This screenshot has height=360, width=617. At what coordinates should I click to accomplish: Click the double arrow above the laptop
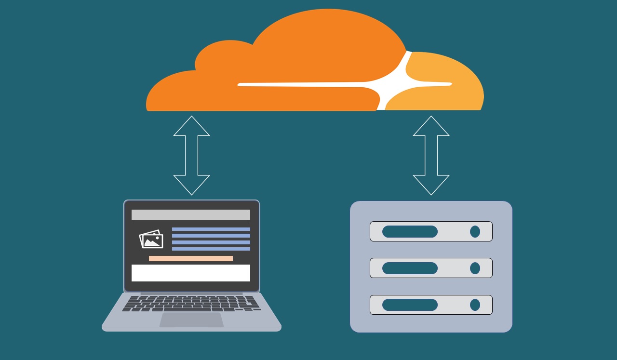[191, 155]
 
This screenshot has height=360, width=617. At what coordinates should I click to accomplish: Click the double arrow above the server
[431, 155]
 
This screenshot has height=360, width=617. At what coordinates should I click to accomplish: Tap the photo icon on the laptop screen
[151, 239]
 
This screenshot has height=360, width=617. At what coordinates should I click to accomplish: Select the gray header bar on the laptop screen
[191, 215]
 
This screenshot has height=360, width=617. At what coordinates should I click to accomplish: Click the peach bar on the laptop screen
[191, 259]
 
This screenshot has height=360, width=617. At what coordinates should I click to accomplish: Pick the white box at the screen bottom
[191, 273]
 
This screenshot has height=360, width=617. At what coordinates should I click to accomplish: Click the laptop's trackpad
[191, 320]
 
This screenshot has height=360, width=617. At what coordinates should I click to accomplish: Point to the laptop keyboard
[191, 304]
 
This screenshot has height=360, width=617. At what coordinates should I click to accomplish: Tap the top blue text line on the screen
[211, 229]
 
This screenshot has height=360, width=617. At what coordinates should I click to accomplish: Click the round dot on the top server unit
[475, 231]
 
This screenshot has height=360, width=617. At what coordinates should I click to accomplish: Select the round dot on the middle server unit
[475, 268]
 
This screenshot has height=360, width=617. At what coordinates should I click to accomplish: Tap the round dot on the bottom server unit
[475, 305]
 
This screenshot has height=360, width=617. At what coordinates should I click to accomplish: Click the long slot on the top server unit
[410, 231]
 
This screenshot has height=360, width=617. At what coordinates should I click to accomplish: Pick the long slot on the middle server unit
[410, 268]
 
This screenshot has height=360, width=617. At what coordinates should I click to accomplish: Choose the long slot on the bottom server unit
[410, 305]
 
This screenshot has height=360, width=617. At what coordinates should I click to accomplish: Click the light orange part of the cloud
[448, 96]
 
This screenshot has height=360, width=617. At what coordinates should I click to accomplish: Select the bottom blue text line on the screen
[211, 249]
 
